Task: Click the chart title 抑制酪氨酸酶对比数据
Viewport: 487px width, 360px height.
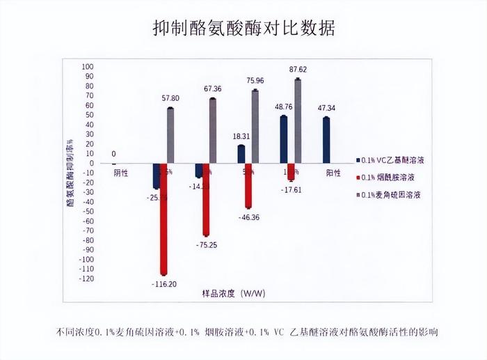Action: point(243,29)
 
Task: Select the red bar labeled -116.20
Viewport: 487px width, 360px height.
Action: point(163,219)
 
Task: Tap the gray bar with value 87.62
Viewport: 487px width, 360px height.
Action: point(298,122)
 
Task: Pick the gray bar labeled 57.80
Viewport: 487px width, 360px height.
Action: point(170,136)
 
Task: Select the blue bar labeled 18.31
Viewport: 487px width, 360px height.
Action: point(241,155)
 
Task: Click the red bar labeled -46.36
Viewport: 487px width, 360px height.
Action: point(248,186)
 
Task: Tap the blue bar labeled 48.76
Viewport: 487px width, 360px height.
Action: point(284,140)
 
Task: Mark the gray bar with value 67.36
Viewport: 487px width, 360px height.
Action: point(213,132)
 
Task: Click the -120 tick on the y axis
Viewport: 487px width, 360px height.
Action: point(86,279)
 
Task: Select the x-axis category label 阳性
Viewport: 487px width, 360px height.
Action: point(333,171)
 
